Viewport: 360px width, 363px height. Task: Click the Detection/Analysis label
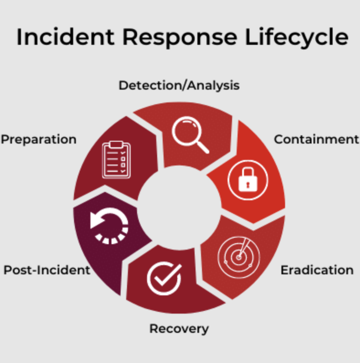(x=179, y=85)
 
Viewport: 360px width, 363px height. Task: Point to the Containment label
(x=317, y=139)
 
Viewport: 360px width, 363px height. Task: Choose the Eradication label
(x=317, y=270)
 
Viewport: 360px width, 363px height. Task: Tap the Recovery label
(x=179, y=328)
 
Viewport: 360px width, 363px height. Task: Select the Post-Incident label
(x=47, y=270)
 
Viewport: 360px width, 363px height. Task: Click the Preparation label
(x=38, y=139)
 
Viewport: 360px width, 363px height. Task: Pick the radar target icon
(x=238, y=257)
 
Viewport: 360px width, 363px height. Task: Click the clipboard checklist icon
(x=116, y=160)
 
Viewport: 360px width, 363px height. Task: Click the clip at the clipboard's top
(x=116, y=144)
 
